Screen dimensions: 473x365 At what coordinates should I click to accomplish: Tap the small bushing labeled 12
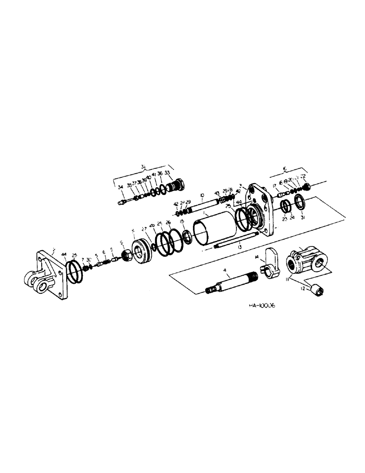tap(316, 287)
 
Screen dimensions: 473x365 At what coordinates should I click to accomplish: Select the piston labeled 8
tap(141, 249)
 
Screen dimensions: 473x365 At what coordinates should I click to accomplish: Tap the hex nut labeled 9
tap(127, 257)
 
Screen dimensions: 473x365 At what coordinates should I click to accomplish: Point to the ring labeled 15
tap(187, 237)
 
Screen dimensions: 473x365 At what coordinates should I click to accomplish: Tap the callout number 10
tap(201, 195)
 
